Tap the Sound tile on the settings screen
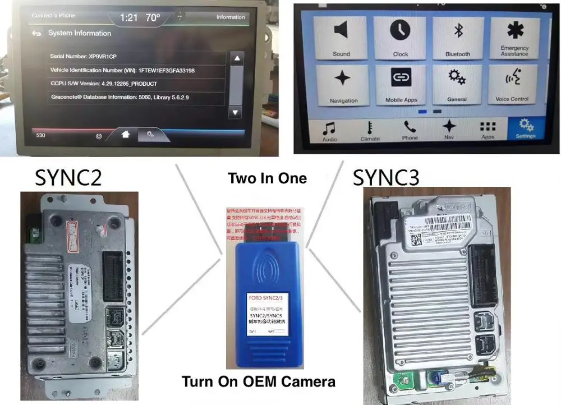[341, 38]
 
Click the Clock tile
[400, 38]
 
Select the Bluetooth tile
[458, 38]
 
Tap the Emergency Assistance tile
[514, 38]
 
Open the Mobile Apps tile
[401, 85]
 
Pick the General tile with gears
[457, 85]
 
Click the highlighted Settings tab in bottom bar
[526, 128]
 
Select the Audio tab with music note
[330, 130]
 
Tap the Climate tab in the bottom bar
[370, 130]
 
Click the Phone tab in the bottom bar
[410, 130]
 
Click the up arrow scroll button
[237, 58]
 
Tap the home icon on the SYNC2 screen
[126, 134]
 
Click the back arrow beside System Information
[36, 34]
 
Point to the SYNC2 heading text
[68, 177]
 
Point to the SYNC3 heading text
[385, 178]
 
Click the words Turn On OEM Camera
[259, 382]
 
